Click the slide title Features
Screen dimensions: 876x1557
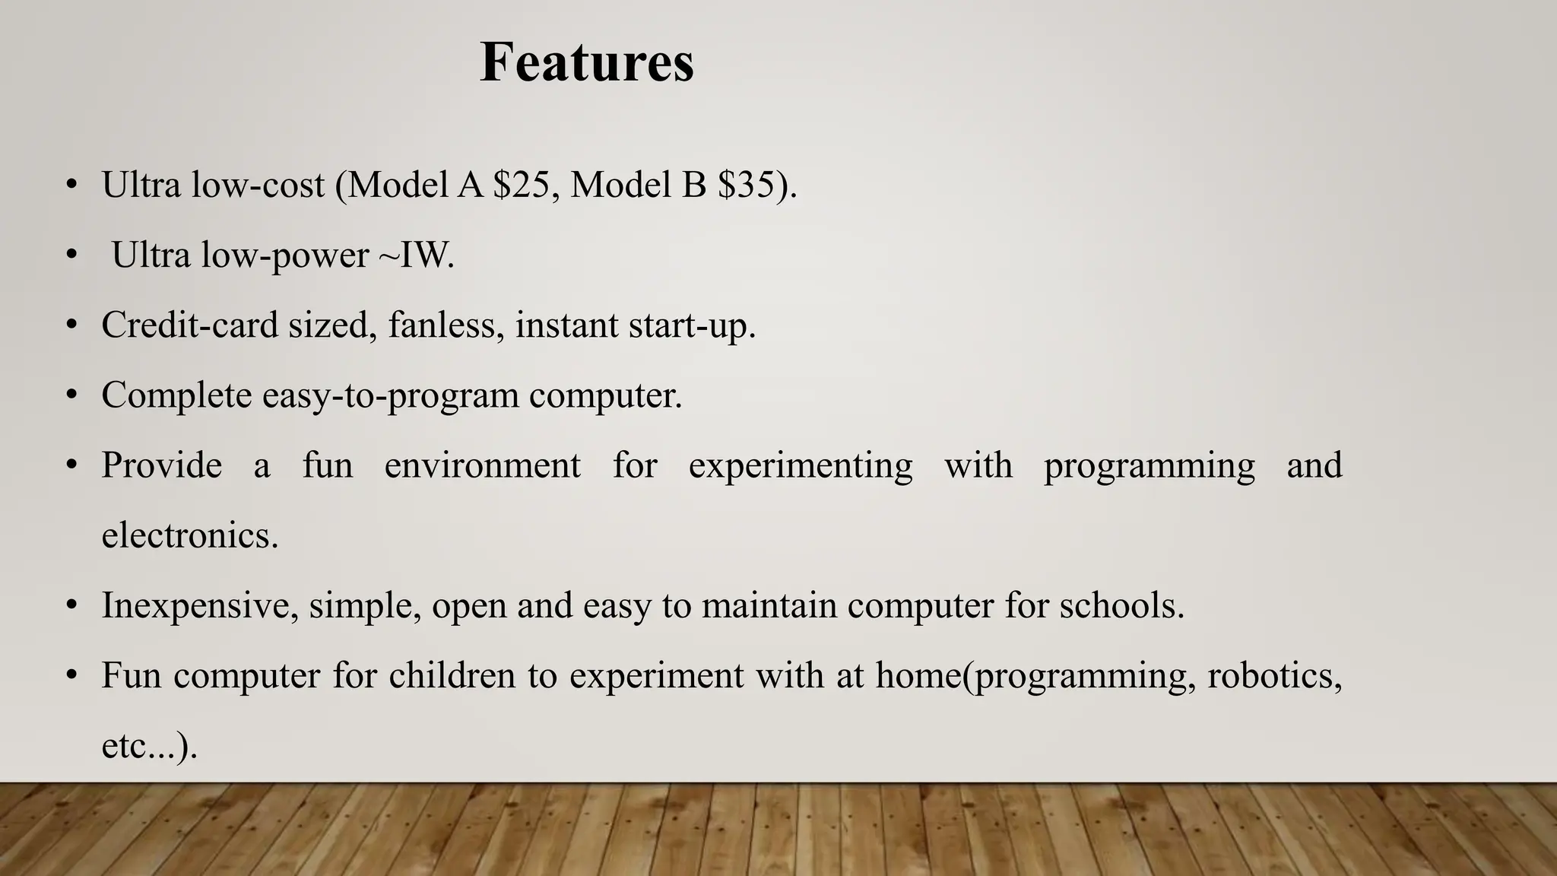click(587, 62)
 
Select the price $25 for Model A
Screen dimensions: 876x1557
click(521, 185)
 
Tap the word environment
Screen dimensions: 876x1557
click(483, 465)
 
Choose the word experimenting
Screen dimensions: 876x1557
click(801, 465)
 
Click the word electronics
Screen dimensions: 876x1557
click(190, 535)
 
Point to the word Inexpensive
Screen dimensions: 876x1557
click(200, 606)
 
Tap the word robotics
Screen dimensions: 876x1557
click(1274, 675)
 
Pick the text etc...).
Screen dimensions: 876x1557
click(149, 746)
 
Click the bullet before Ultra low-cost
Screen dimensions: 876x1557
click(71, 185)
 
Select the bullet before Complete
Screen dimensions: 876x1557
click(71, 395)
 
